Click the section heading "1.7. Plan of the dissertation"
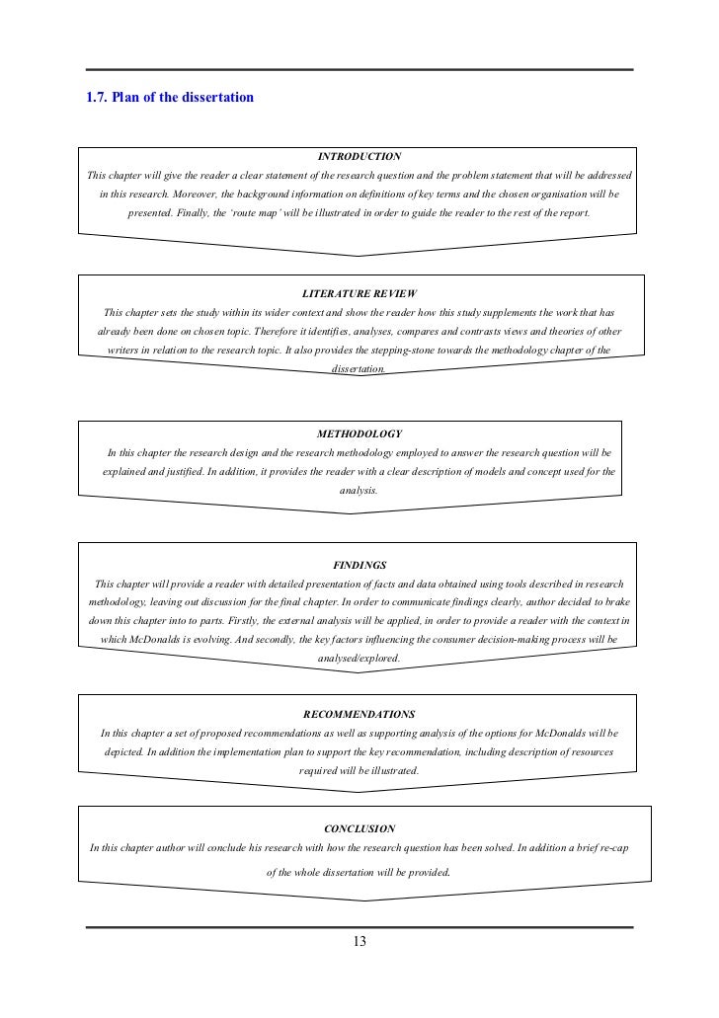point(170,98)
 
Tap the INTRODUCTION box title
point(359,156)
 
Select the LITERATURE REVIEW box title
point(359,294)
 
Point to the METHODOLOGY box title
point(359,433)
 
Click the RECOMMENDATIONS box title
point(359,714)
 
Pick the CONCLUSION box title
point(359,828)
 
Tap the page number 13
point(359,941)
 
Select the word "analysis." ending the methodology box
point(359,490)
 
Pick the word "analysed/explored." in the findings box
point(359,659)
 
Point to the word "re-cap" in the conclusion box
point(610,847)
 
